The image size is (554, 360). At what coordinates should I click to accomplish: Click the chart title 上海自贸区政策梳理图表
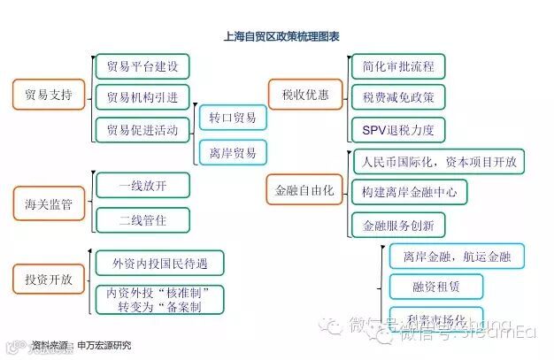click(x=282, y=37)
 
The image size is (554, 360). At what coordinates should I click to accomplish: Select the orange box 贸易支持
click(x=49, y=94)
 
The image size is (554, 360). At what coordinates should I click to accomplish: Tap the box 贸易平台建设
click(x=142, y=66)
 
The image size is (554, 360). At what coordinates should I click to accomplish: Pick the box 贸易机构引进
click(x=142, y=97)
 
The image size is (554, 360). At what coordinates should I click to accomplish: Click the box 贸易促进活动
click(x=142, y=129)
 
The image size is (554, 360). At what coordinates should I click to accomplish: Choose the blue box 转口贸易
click(x=233, y=118)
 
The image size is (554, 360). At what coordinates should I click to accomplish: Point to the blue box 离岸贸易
click(x=233, y=152)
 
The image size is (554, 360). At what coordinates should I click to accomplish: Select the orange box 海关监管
click(x=49, y=204)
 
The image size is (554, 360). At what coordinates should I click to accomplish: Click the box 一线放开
click(x=142, y=186)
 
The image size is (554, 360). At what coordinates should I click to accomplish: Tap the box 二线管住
click(x=142, y=218)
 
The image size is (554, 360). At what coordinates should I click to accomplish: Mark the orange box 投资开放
click(x=49, y=280)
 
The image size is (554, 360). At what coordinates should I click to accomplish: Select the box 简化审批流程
click(x=397, y=66)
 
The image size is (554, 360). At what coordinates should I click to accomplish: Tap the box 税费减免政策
click(x=397, y=97)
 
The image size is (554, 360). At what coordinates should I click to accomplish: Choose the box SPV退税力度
click(x=397, y=130)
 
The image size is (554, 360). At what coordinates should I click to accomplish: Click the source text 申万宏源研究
click(x=104, y=345)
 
